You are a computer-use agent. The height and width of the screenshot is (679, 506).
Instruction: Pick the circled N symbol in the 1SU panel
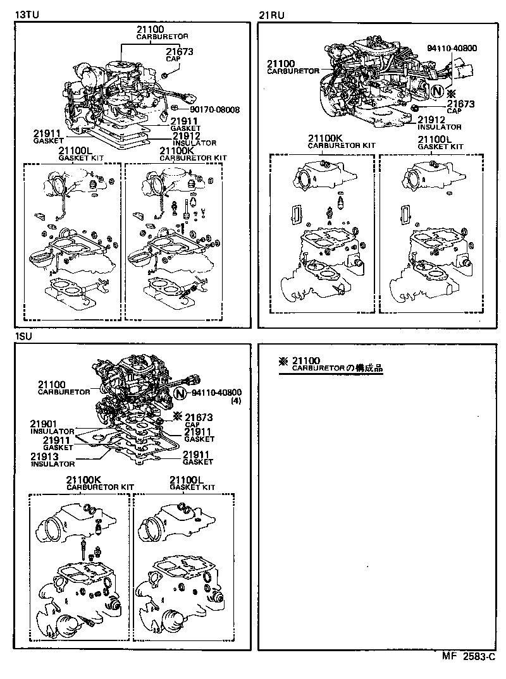pos(180,393)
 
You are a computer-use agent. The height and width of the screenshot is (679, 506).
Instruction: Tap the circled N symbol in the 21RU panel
pos(436,91)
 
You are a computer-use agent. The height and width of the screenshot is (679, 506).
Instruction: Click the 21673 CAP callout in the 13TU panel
pos(180,56)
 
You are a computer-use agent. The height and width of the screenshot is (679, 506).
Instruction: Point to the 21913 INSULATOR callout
pos(52,460)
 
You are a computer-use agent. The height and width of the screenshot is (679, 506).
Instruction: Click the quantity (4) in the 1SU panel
pos(236,401)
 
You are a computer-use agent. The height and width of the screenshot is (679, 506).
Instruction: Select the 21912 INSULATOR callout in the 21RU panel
pos(439,123)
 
